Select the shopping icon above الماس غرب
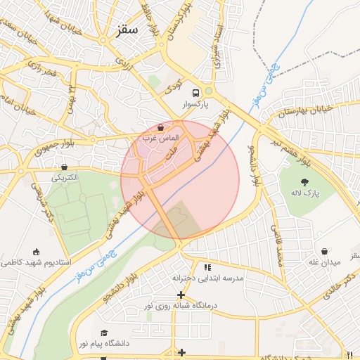point(162,128)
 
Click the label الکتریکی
point(65,178)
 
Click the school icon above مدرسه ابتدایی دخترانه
point(207,267)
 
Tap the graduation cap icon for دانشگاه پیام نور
point(105,333)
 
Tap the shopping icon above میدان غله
point(325,251)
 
